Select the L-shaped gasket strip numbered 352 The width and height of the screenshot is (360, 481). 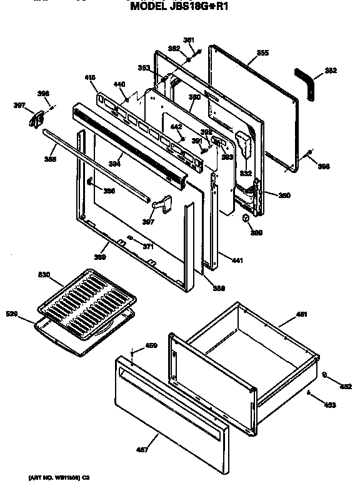[307, 81]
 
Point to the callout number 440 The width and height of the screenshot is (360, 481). [119, 84]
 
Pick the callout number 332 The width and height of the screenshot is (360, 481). [246, 173]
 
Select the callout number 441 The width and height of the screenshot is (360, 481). [236, 260]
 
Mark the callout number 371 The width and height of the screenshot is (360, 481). [147, 247]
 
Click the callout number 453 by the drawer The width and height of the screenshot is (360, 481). [330, 405]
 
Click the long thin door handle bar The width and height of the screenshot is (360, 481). [96, 165]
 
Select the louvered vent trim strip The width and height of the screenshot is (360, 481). [131, 146]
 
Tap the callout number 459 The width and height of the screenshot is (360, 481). [151, 345]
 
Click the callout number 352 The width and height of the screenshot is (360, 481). [331, 71]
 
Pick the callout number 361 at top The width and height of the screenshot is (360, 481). [189, 41]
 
